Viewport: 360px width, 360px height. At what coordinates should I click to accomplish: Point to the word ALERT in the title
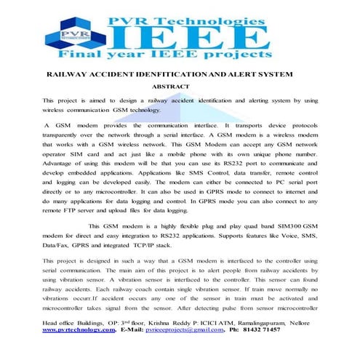click(x=241, y=73)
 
